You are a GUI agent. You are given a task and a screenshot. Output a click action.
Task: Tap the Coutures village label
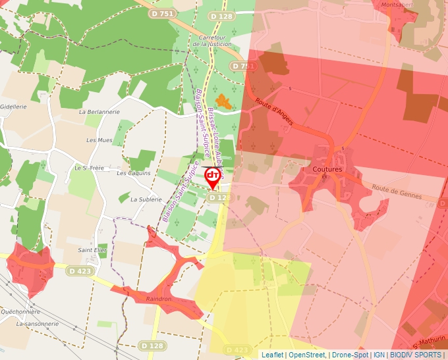coord(327,169)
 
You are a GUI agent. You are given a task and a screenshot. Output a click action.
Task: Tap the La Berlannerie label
coord(99,112)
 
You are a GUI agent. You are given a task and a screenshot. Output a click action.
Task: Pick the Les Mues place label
coord(99,140)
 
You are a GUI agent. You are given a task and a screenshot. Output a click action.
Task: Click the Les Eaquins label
coord(134,173)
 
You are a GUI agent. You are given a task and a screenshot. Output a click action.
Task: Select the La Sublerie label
coord(146,199)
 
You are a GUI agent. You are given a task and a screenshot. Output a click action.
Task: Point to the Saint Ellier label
coord(93,250)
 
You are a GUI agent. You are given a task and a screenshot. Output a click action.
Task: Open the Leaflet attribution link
coord(272,355)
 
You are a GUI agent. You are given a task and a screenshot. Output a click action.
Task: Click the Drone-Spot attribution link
coord(350,355)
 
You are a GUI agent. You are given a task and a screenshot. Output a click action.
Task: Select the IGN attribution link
coord(379,355)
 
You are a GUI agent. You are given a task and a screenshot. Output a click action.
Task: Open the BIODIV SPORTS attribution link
coord(416,355)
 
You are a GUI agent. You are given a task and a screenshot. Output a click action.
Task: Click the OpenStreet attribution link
coord(307,355)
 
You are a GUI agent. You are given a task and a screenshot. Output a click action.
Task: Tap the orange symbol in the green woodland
coord(223,101)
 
